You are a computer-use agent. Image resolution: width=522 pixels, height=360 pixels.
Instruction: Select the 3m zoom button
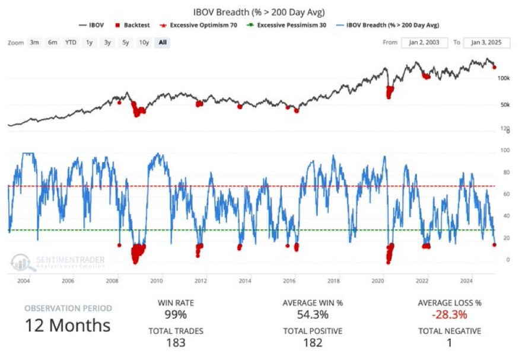[35, 43]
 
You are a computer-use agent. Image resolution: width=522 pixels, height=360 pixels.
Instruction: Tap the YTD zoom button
[71, 43]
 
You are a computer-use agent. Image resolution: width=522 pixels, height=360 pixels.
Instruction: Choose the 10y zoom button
[144, 43]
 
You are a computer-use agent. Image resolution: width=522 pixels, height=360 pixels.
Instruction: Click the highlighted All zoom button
[162, 43]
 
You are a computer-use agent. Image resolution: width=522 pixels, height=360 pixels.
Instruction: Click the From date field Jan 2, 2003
[424, 43]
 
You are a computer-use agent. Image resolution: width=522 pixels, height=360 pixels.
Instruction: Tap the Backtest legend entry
[136, 25]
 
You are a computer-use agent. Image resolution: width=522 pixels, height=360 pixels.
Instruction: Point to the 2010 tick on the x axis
[157, 281]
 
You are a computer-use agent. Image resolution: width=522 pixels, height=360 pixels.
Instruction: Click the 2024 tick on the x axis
[466, 281]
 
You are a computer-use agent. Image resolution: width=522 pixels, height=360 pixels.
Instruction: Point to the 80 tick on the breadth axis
[505, 173]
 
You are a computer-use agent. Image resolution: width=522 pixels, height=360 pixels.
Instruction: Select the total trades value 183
[175, 342]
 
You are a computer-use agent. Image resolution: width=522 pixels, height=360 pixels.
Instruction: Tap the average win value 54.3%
[313, 314]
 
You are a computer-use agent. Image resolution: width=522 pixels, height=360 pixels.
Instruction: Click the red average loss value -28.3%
[450, 314]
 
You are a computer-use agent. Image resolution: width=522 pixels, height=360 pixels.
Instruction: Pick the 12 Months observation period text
[68, 325]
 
